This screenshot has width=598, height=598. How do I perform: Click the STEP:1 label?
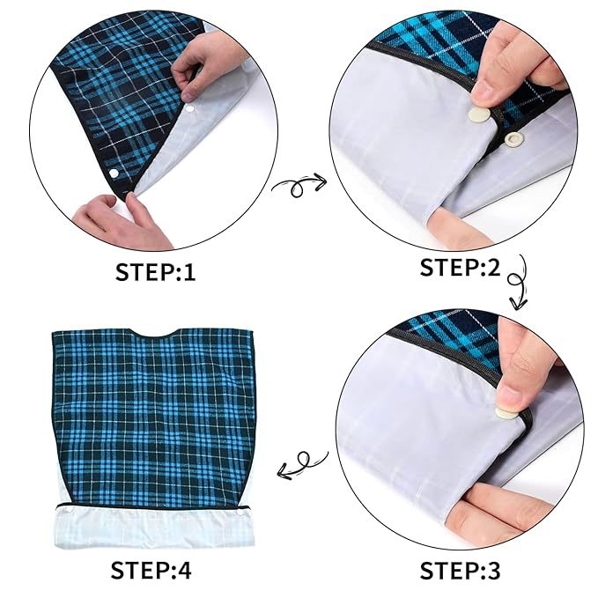155,272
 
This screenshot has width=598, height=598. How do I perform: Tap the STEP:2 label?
460,267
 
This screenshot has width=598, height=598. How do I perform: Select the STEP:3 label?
460,571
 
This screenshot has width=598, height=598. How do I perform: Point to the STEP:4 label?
151,570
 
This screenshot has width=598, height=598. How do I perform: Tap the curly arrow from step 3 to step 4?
301,463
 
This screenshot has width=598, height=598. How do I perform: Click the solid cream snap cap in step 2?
479,114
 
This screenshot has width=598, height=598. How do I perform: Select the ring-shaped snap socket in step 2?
513,138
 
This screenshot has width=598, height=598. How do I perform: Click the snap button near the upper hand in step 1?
190,109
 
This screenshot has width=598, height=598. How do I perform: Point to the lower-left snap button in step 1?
114,173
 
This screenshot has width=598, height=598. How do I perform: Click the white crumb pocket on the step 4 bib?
154,528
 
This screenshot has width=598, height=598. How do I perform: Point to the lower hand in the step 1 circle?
122,222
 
